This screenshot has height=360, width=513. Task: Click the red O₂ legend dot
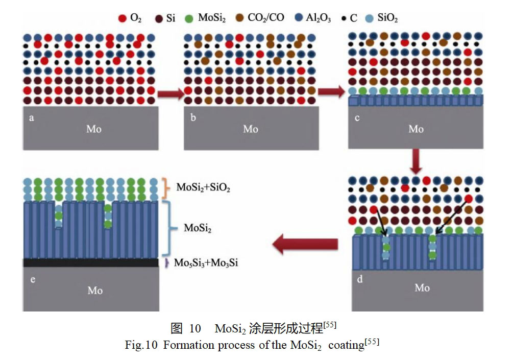(x=122, y=18)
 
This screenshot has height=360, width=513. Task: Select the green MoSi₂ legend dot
(x=189, y=18)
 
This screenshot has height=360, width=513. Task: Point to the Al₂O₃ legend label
(x=320, y=18)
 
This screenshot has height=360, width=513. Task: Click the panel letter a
(x=31, y=118)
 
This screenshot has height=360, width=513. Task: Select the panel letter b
(x=193, y=118)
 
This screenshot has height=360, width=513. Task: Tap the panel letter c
(x=357, y=118)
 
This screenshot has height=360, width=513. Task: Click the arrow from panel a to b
(x=169, y=93)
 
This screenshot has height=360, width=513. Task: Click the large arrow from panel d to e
(x=305, y=246)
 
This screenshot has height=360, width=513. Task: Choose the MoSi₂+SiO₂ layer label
(x=204, y=187)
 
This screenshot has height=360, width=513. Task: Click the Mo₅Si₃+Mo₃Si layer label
(x=206, y=263)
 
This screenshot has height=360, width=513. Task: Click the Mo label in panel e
(x=95, y=290)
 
